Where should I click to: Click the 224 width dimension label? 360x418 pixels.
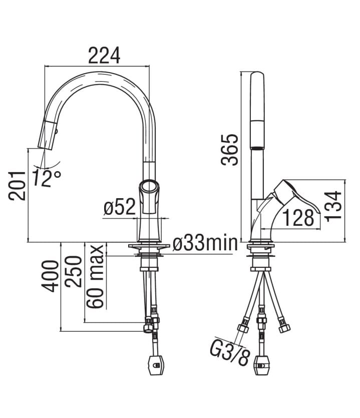coord(104,56)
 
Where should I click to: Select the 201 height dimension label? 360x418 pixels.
coord(17,186)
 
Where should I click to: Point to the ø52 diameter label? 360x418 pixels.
coord(120,207)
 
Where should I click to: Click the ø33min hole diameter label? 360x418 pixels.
coord(205,243)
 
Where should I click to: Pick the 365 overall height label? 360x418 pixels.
coord(229,150)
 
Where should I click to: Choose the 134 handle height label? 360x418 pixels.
coord(333,206)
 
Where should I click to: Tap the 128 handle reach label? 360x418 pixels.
coord(298,218)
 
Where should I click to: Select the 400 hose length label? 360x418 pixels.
coord(50,276)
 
